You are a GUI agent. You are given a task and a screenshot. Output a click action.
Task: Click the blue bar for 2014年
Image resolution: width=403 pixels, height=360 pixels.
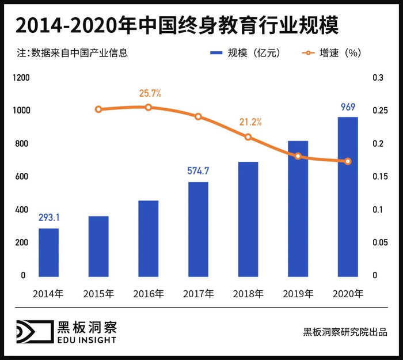click(x=48, y=252)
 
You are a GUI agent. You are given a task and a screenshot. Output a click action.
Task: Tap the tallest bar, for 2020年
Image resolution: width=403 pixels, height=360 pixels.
click(x=348, y=196)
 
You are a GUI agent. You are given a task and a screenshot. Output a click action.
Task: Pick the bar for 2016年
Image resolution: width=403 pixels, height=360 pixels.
click(x=148, y=238)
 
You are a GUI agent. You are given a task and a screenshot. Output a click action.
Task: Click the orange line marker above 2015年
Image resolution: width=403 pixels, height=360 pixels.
click(x=98, y=109)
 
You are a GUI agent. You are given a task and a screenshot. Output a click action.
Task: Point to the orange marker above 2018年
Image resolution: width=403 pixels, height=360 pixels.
click(x=248, y=137)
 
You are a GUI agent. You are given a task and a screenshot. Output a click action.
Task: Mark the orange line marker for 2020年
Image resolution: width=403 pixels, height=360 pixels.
click(x=348, y=161)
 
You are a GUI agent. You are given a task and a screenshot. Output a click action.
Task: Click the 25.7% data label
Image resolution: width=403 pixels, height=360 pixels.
click(x=150, y=93)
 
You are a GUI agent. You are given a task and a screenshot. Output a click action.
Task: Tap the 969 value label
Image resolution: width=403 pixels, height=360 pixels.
click(x=348, y=107)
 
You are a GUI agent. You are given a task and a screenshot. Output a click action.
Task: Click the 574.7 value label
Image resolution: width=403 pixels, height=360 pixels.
click(x=198, y=171)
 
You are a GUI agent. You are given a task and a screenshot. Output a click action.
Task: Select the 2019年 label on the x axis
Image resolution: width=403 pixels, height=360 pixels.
click(x=298, y=294)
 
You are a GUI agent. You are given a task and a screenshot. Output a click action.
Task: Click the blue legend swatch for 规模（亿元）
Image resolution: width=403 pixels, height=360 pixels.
click(x=215, y=53)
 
